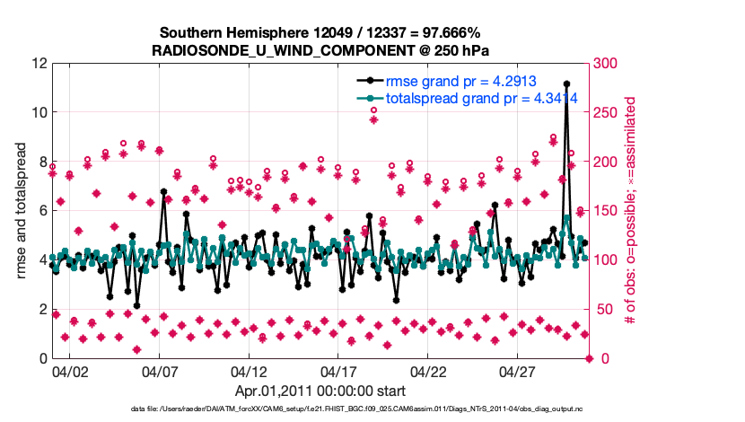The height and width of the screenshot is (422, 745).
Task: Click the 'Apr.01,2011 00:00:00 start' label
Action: click(320, 391)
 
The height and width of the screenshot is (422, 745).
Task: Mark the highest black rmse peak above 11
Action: click(566, 109)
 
